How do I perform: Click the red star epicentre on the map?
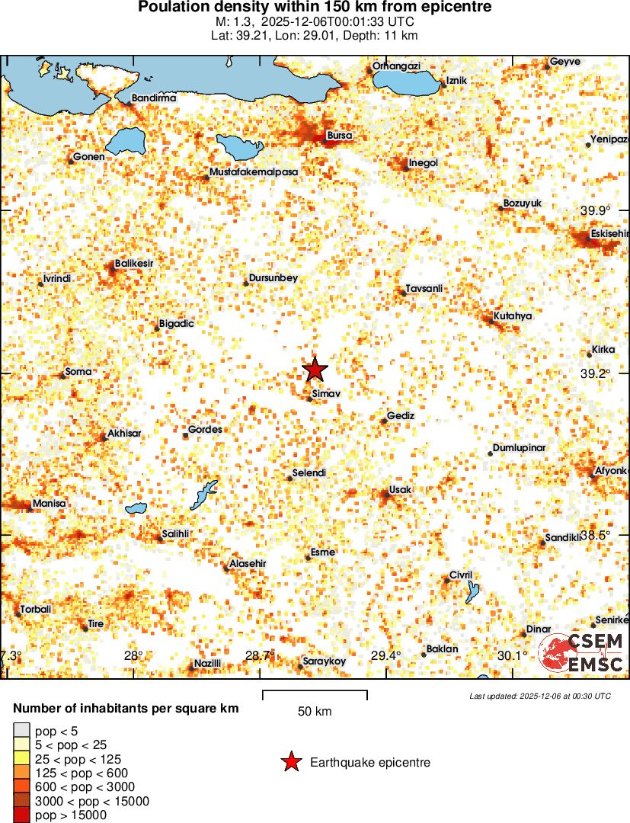tap(315, 370)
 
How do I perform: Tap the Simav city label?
tap(326, 393)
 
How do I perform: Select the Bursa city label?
tap(339, 136)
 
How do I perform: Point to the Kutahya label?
tap(513, 315)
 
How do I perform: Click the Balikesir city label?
tap(134, 264)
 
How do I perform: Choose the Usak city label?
tap(400, 489)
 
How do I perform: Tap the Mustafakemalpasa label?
tap(254, 172)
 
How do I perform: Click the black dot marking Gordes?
tap(185, 435)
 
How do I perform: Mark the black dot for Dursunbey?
tap(247, 283)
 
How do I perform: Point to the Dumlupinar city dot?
tap(490, 453)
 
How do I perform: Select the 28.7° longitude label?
tap(259, 655)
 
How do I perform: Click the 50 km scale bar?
tap(315, 695)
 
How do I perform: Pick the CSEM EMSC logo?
tap(583, 653)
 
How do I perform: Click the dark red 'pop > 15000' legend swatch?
tap(22, 815)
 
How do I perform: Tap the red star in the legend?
tap(290, 762)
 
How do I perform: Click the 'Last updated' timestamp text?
tap(540, 696)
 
